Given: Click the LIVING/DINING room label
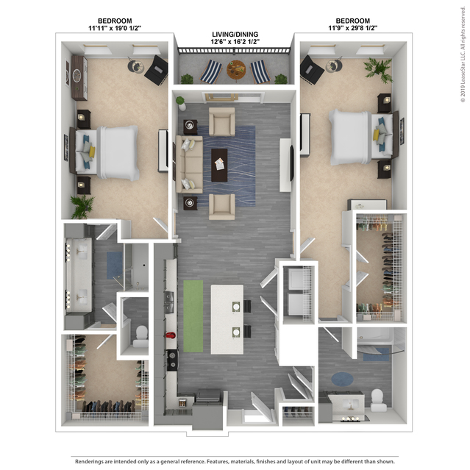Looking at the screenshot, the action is coord(235,35).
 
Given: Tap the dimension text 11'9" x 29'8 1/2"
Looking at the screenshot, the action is coord(352,28).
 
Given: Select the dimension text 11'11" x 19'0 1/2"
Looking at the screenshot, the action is coord(115,28).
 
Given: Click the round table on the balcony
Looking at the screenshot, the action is coord(236,70).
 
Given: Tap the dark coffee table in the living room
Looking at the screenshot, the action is coord(219,165).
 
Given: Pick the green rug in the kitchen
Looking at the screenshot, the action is coord(193,316).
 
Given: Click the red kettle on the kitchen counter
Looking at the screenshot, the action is coord(171,335).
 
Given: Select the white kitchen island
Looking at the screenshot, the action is coord(227,319).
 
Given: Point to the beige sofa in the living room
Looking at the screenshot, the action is coord(189,164).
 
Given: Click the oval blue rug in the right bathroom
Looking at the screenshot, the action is coord(342,379).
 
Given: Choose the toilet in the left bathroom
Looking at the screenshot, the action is coord(141,336).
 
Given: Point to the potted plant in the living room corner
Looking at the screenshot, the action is coord(181,103).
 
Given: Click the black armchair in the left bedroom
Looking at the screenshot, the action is coord(156,71).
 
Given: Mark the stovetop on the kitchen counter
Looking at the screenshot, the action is coord(172,360).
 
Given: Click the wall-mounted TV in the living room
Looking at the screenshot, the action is coord(291,163).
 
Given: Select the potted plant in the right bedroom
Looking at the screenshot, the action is coord(378,70).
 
